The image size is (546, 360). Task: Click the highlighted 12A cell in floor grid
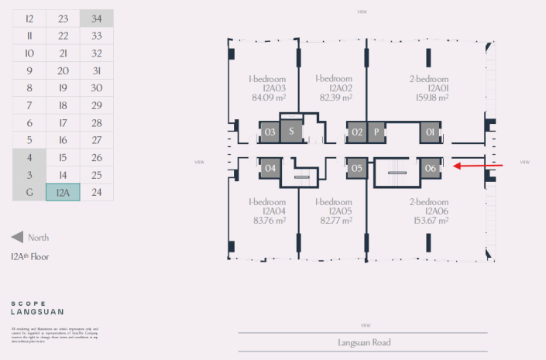pos(63,192)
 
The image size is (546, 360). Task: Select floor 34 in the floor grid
pos(96,19)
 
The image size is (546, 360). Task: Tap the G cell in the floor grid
pos(29,192)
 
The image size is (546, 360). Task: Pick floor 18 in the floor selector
pos(63,105)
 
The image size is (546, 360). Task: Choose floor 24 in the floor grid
pos(96,192)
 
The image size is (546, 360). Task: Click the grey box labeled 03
pos(270,132)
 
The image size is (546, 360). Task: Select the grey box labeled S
pos(290,132)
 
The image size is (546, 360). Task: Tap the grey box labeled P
pos(376,132)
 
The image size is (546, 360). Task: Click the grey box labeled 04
pos(270,168)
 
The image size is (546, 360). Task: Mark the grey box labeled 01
pos(431,132)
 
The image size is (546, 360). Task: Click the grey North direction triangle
pos(17,238)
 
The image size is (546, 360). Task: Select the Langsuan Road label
pos(364,342)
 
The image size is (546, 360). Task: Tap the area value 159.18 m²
pos(429,98)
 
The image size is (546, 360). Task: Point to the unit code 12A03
pos(268,88)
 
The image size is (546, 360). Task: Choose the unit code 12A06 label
pos(429,211)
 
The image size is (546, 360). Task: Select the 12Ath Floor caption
pos(29,256)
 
